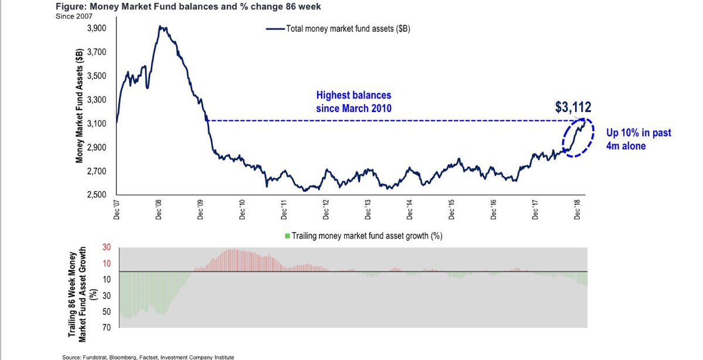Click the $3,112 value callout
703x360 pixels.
coord(573,107)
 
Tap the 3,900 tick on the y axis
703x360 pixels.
coord(97,28)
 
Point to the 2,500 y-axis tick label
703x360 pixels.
coord(97,195)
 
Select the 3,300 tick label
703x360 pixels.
coord(97,100)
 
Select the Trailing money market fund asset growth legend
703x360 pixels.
coord(363,236)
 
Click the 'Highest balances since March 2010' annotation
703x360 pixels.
coord(353,101)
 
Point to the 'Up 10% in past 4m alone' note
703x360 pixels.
coord(639,140)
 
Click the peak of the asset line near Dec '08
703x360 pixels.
coord(161,27)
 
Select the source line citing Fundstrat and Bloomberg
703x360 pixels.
coord(148,356)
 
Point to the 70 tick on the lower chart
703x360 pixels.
coord(107,327)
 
